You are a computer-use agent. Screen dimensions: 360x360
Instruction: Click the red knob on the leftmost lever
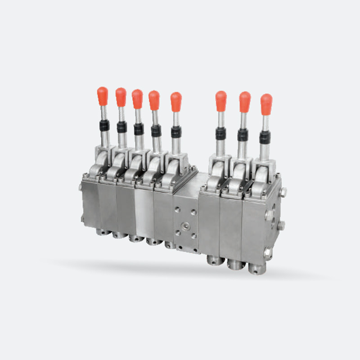pyautogui.click(x=103, y=95)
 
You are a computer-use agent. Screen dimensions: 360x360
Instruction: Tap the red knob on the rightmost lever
pyautogui.click(x=266, y=103)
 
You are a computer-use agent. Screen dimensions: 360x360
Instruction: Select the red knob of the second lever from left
pyautogui.click(x=121, y=96)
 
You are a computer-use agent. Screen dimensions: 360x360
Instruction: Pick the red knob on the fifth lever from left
pyautogui.click(x=176, y=101)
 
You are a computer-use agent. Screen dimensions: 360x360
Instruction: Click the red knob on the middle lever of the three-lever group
pyautogui.click(x=245, y=101)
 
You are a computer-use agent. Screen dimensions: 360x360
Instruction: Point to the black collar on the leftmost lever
pyautogui.click(x=104, y=126)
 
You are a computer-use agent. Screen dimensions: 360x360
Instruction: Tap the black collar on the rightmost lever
pyautogui.click(x=265, y=137)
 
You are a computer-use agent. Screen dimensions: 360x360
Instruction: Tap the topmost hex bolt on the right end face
pyautogui.click(x=284, y=192)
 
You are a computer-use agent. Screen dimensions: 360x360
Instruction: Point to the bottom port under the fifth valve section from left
pyautogui.click(x=169, y=244)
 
